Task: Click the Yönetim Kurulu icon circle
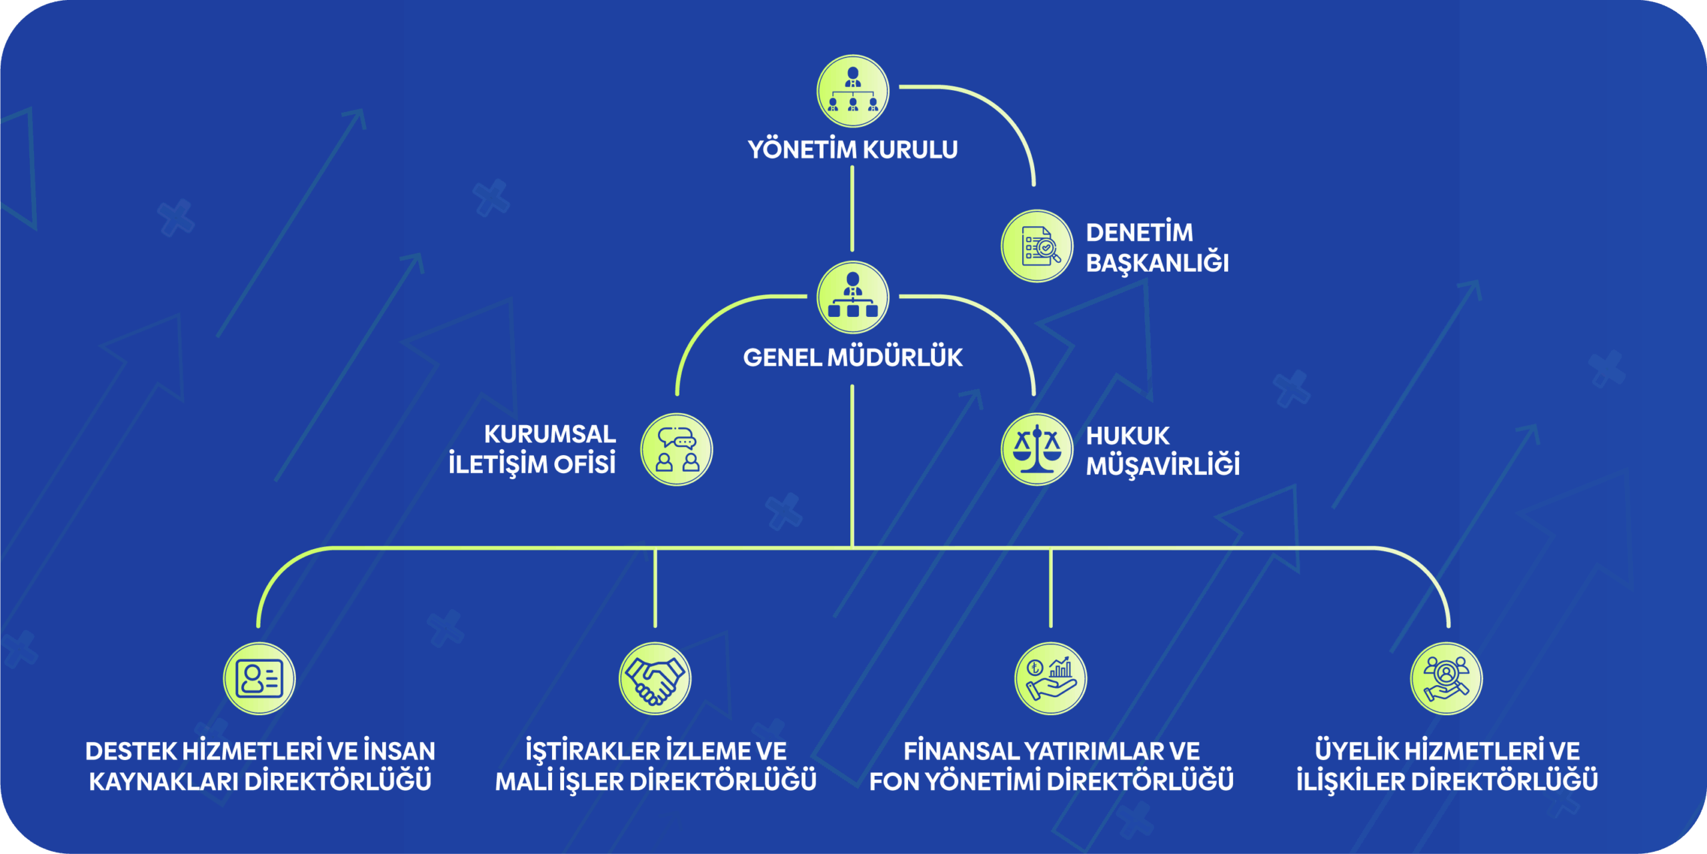click(x=853, y=91)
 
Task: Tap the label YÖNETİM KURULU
click(x=853, y=149)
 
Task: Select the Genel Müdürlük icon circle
click(x=853, y=298)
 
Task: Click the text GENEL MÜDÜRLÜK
click(x=853, y=358)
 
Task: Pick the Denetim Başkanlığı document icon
click(x=1037, y=246)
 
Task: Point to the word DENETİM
click(x=1140, y=233)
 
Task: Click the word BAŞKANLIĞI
click(x=1157, y=263)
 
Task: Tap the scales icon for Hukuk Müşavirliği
click(x=1037, y=449)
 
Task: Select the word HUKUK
click(x=1128, y=436)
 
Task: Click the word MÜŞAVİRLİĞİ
click(x=1163, y=466)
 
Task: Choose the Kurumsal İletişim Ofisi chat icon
click(x=677, y=449)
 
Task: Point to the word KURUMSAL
click(x=550, y=434)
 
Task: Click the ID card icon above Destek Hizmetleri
click(x=259, y=679)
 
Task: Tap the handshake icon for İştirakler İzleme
click(x=655, y=679)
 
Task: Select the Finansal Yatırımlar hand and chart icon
click(x=1051, y=679)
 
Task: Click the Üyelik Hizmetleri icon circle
click(x=1446, y=679)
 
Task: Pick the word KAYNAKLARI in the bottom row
click(x=163, y=782)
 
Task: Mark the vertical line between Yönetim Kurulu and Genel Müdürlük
click(x=852, y=208)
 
